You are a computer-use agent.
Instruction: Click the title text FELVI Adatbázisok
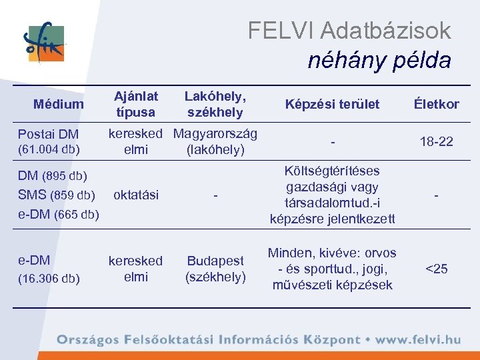click(349, 30)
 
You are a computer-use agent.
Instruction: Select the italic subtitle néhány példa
click(379, 61)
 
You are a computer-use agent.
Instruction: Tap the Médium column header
click(59, 104)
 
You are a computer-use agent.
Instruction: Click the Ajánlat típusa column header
click(136, 104)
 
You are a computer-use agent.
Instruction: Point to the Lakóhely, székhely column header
click(215, 104)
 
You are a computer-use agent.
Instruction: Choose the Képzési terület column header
click(332, 104)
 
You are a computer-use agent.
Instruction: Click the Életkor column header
click(436, 104)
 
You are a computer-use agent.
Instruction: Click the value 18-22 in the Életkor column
click(436, 141)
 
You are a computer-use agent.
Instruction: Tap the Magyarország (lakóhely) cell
click(215, 141)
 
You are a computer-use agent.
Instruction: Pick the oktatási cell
click(136, 195)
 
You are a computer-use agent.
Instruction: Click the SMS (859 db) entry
click(54, 195)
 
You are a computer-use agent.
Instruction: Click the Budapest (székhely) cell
click(215, 269)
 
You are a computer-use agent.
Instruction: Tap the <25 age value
click(436, 269)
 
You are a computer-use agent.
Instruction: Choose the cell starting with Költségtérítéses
click(332, 195)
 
